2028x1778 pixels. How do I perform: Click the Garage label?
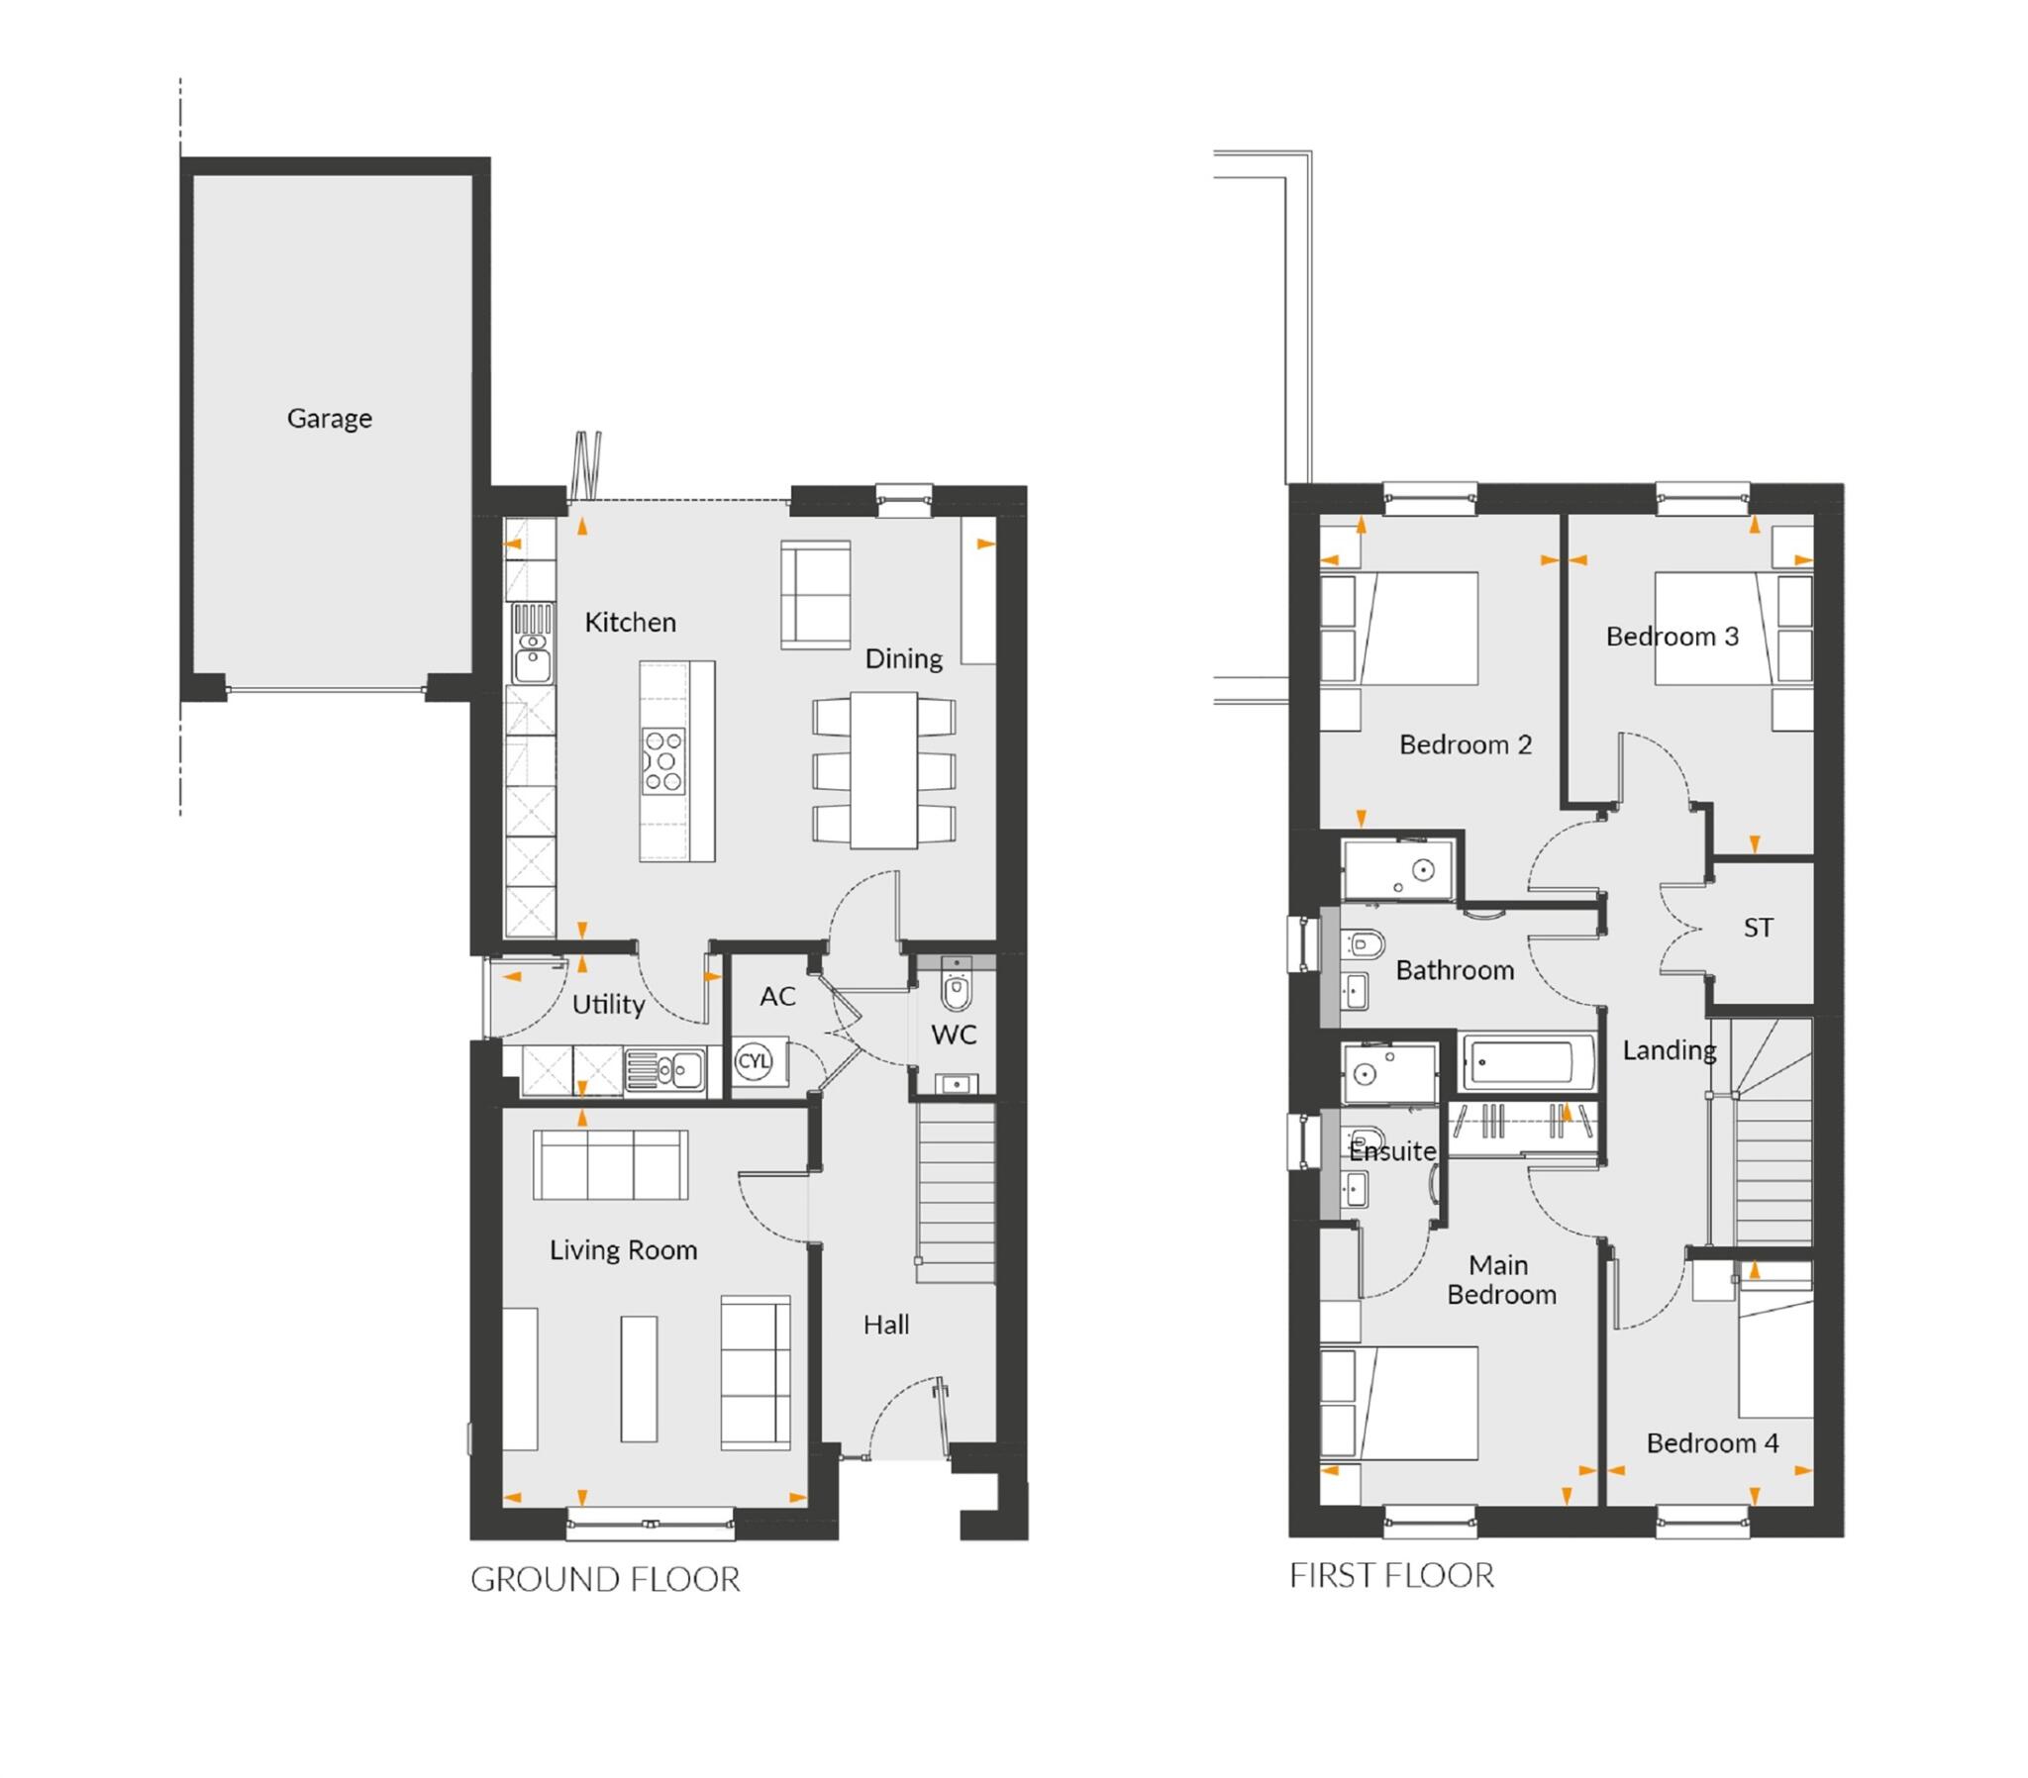point(330,419)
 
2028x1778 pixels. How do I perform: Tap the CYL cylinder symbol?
point(753,1060)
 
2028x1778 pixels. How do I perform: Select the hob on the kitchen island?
point(663,762)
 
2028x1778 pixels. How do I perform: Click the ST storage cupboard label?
point(1758,928)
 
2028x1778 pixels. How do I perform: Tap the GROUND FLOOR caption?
point(605,1580)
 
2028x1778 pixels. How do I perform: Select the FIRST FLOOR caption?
point(1391,1576)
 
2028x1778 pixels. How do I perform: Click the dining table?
point(883,771)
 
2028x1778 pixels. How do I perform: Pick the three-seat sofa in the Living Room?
point(610,1165)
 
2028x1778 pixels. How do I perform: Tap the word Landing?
point(1669,1049)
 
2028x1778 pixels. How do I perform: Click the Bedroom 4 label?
point(1711,1442)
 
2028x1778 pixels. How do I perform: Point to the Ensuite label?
point(1392,1151)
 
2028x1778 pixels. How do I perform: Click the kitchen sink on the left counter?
point(532,657)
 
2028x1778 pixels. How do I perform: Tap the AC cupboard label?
point(777,996)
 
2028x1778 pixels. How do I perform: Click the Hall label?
point(885,1325)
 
